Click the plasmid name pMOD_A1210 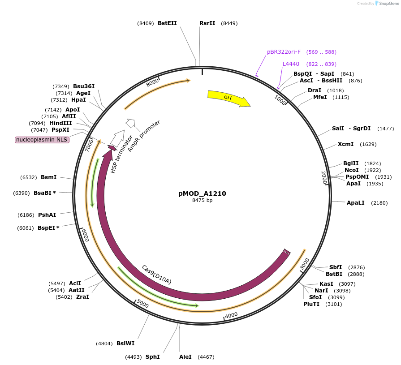tap(202, 193)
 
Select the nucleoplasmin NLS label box tap(42, 140)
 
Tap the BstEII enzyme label tap(167, 23)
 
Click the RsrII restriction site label tap(207, 23)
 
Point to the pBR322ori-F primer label tap(284, 52)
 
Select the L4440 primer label tap(291, 64)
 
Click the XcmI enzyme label tap(345, 144)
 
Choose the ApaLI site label tap(355, 203)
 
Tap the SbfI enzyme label tap(336, 267)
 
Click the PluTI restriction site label tap(311, 304)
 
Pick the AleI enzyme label tap(185, 357)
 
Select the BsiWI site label tap(125, 344)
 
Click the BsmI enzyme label tap(49, 177)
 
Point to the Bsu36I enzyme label tap(84, 86)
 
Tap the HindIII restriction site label tap(60, 123)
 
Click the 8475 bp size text tap(202, 200)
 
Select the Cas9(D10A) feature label tap(156, 275)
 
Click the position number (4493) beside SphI tap(134, 357)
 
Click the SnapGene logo tap(386, 3)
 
